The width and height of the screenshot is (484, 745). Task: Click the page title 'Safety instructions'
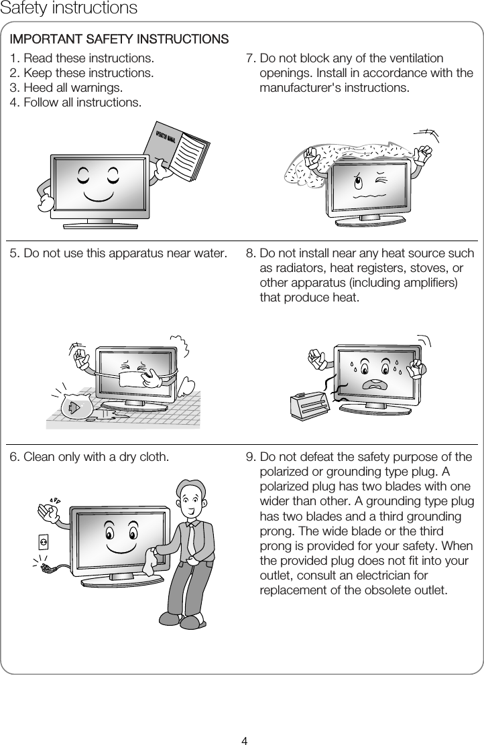69,9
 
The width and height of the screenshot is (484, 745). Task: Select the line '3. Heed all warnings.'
66,88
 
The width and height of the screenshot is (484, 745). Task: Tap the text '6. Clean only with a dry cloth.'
89,458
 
